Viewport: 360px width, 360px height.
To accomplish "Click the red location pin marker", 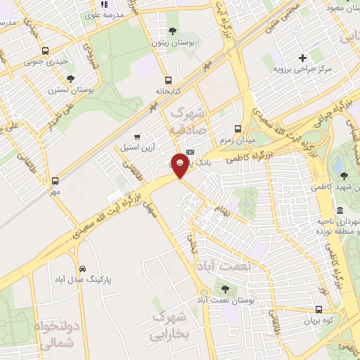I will pos(180,165).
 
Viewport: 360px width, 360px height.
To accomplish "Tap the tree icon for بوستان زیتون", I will pos(172,30).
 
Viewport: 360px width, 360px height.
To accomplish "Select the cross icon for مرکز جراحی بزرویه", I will pos(302,58).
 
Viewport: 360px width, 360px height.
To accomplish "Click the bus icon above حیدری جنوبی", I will pos(46,51).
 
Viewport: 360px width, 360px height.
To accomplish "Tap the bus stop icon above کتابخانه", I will pos(167,80).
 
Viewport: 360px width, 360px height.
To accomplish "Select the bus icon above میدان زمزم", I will pos(238,129).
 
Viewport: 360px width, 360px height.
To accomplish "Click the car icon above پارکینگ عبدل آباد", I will pos(83,269).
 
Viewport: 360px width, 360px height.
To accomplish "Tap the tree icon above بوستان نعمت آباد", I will pos(225,288).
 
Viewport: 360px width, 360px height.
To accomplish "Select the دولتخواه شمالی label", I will pos(53,337).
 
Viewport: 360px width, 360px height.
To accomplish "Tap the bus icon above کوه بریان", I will pos(319,309).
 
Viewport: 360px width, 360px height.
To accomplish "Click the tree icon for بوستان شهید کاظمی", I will pos(342,176).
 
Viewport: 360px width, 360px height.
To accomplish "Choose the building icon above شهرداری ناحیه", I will pos(340,210).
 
